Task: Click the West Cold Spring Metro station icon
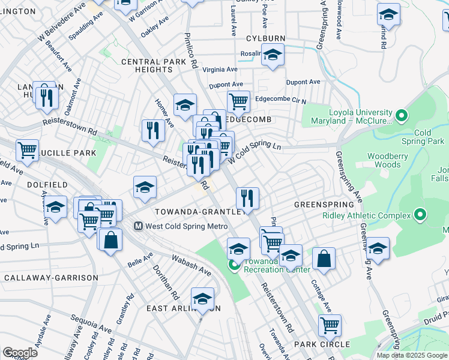[138, 226]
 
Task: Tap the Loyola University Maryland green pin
[402, 114]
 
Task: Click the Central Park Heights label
[146, 65]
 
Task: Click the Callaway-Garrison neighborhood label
[51, 278]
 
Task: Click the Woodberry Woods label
[384, 160]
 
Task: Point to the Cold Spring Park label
[430, 137]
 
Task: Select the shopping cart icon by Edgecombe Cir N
[238, 101]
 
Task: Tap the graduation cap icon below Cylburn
[273, 56]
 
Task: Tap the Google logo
[20, 353]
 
